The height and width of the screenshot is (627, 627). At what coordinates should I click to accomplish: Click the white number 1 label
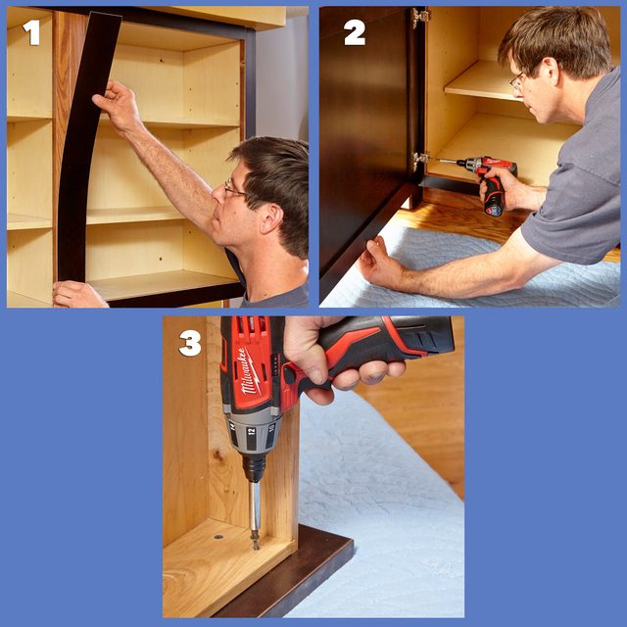pyautogui.click(x=32, y=32)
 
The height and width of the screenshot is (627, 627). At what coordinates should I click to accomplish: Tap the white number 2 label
pyautogui.click(x=354, y=32)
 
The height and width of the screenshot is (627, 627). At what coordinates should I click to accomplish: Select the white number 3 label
pyautogui.click(x=190, y=343)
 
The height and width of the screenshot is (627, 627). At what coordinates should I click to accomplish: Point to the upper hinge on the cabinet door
pyautogui.click(x=420, y=18)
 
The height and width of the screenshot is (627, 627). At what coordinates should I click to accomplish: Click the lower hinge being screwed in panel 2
pyautogui.click(x=421, y=158)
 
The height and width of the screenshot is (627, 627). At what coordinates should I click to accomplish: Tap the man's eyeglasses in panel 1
pyautogui.click(x=233, y=189)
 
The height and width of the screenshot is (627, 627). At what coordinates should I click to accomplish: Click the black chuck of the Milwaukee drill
pyautogui.click(x=254, y=467)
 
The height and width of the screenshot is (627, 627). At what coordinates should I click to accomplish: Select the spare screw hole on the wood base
pyautogui.click(x=217, y=536)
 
